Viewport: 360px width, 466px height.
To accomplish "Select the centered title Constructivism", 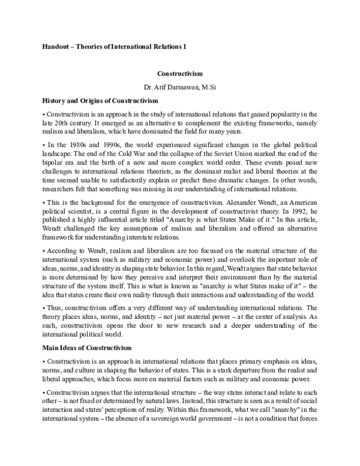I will click(x=180, y=74).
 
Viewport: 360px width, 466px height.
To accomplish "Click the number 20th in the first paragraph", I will click(x=64, y=121).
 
